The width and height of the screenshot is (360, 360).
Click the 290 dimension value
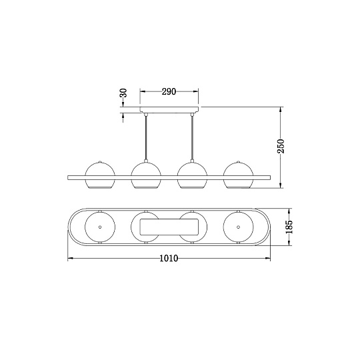[169, 92]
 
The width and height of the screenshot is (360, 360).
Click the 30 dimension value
[123, 94]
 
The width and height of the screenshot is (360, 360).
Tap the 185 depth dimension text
[288, 227]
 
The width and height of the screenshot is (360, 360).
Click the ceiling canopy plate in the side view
[169, 110]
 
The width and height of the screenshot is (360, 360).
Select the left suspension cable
[146, 137]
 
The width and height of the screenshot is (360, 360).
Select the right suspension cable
[193, 137]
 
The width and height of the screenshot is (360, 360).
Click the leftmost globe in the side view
[100, 174]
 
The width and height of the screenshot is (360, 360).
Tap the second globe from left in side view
[146, 174]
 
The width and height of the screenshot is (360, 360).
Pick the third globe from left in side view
[193, 174]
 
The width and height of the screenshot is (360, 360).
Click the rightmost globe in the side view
[239, 174]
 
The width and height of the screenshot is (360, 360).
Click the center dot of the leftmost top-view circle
[100, 227]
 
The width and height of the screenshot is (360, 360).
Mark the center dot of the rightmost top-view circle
[239, 227]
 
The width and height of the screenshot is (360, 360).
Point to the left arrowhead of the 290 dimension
[142, 92]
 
